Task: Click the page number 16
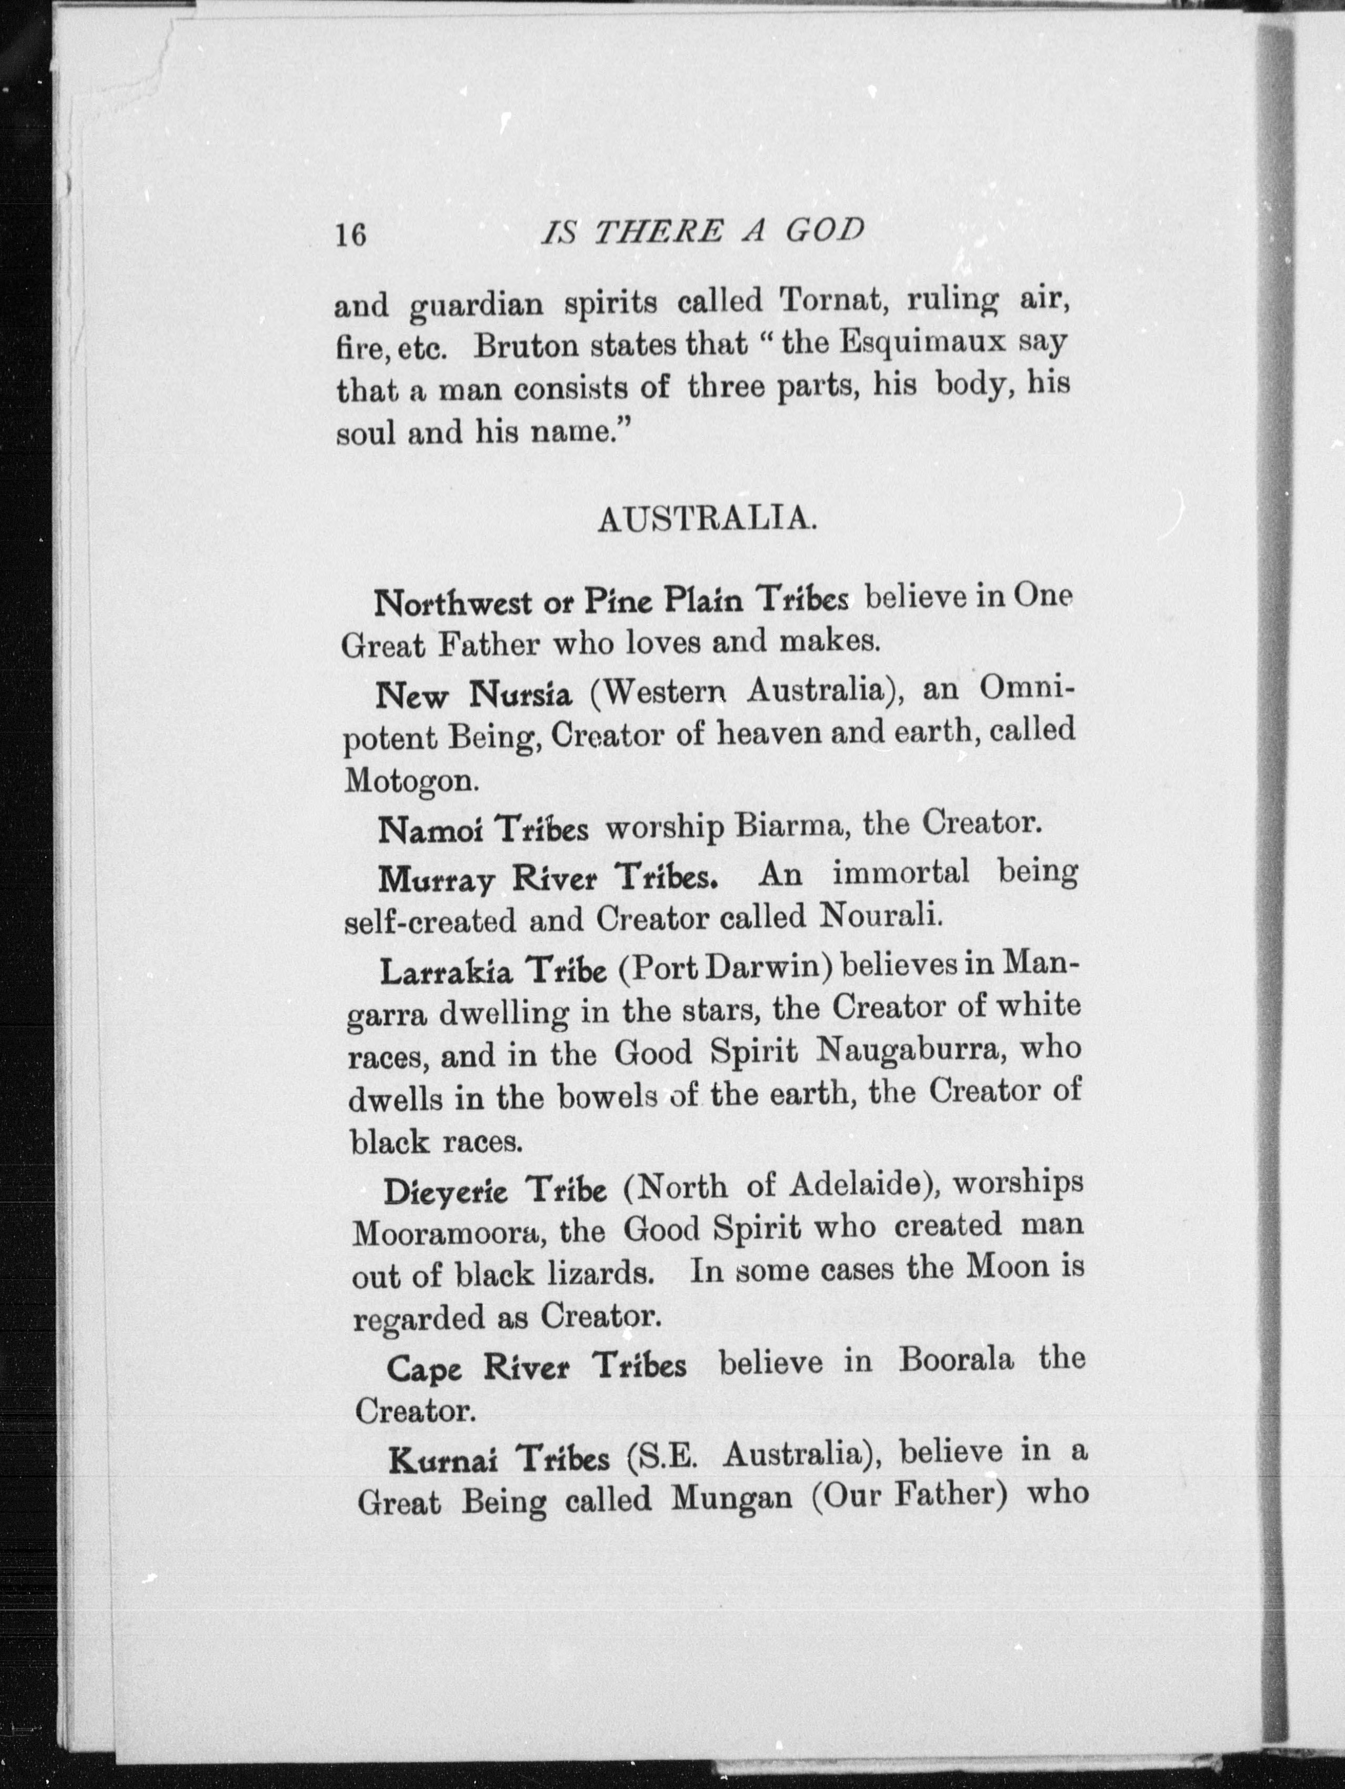351,235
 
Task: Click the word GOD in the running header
825,232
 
